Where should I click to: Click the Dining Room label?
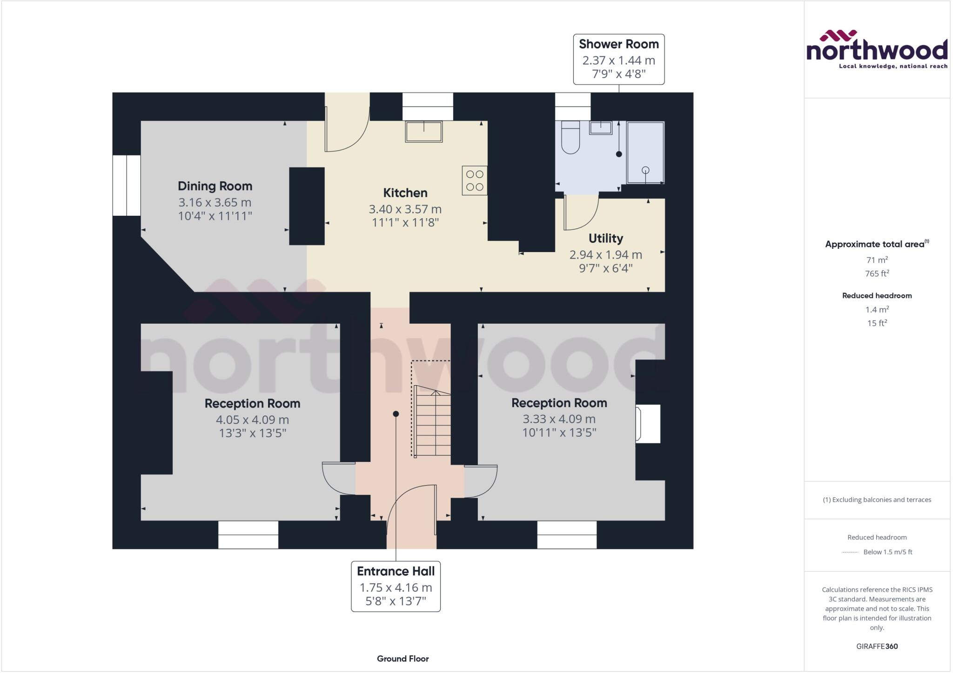point(215,186)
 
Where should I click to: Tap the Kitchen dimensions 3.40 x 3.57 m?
point(405,209)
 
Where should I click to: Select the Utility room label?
point(605,239)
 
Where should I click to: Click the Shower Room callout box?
point(618,59)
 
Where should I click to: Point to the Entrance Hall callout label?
point(396,586)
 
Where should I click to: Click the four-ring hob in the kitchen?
point(475,180)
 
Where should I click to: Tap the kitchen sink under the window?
point(423,132)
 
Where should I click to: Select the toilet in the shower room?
point(570,138)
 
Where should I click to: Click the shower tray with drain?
point(645,153)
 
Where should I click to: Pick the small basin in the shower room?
point(601,128)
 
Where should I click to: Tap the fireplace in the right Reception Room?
point(648,424)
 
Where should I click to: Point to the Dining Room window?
point(127,185)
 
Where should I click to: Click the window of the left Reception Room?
point(248,534)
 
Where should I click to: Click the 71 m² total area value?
point(877,260)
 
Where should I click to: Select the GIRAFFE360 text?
point(877,646)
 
